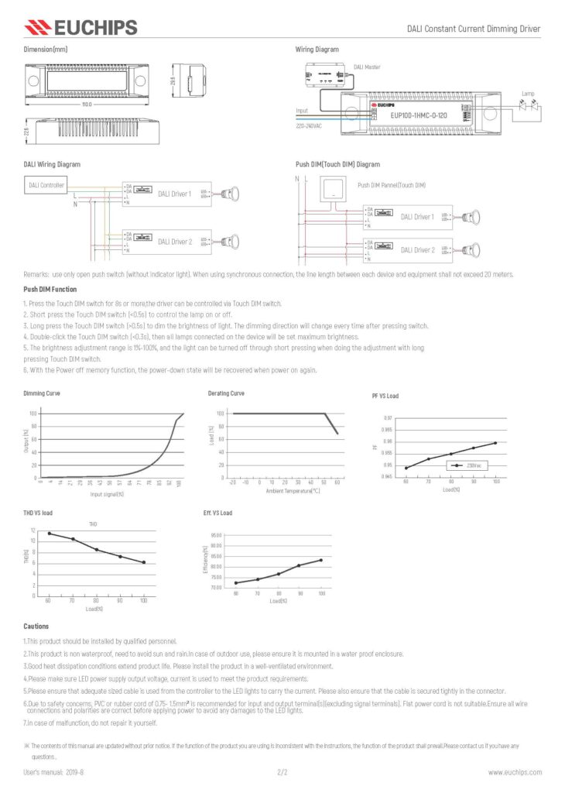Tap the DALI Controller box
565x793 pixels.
[46, 185]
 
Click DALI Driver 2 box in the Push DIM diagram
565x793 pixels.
[417, 250]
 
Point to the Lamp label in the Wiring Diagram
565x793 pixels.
[527, 94]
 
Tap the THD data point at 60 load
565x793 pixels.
[49, 534]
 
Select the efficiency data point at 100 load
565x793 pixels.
[321, 560]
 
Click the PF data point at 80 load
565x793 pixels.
[450, 455]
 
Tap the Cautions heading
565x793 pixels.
[36, 627]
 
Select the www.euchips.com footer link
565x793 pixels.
[514, 772]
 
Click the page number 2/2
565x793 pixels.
[282, 772]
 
